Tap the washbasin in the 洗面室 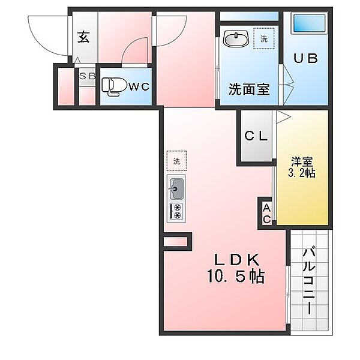point(236,39)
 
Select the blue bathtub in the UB point(310,23)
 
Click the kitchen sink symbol point(176,189)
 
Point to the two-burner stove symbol point(176,211)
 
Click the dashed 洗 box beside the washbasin point(264,38)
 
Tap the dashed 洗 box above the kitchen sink point(176,161)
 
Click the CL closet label point(256,136)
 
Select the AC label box point(266,214)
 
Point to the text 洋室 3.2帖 point(302,167)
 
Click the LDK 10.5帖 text point(236,268)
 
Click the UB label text point(305,58)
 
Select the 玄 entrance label point(83,37)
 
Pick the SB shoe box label point(87,76)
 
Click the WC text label point(139,86)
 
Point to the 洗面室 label point(249,89)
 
